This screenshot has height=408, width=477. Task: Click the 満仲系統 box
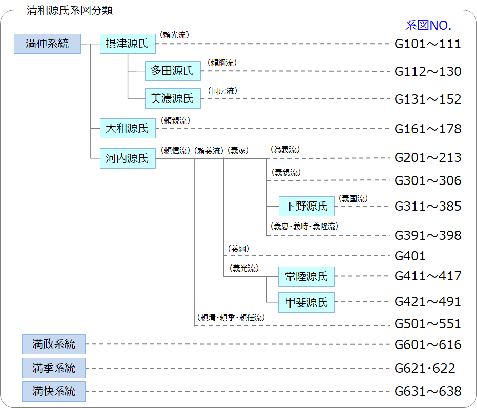coord(47,44)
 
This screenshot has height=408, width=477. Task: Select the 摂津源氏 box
coord(127,44)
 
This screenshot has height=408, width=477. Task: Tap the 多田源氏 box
coord(173,71)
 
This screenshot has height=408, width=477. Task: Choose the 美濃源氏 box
coord(173,98)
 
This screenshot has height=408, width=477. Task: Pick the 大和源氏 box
coord(127,128)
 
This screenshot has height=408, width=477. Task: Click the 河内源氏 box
coord(127,158)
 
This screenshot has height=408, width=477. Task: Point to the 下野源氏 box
coord(306,206)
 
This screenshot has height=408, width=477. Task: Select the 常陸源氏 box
coord(306,276)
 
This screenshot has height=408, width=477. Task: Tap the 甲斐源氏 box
coord(306,302)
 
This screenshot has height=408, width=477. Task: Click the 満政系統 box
coord(54,344)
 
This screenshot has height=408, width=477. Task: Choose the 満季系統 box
coord(54,368)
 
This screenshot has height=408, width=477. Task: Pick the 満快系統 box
coord(54,391)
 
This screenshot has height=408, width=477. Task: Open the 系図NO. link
coord(428,26)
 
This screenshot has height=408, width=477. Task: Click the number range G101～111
coord(428,44)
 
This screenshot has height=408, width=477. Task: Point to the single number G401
coord(410,255)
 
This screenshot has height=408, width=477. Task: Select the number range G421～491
coord(428,302)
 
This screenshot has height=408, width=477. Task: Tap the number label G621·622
coord(425,368)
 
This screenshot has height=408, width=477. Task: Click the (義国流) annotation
coord(353,198)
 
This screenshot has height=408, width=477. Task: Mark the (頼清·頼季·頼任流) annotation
coord(231,317)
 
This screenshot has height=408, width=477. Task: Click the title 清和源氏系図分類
coord(70,10)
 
